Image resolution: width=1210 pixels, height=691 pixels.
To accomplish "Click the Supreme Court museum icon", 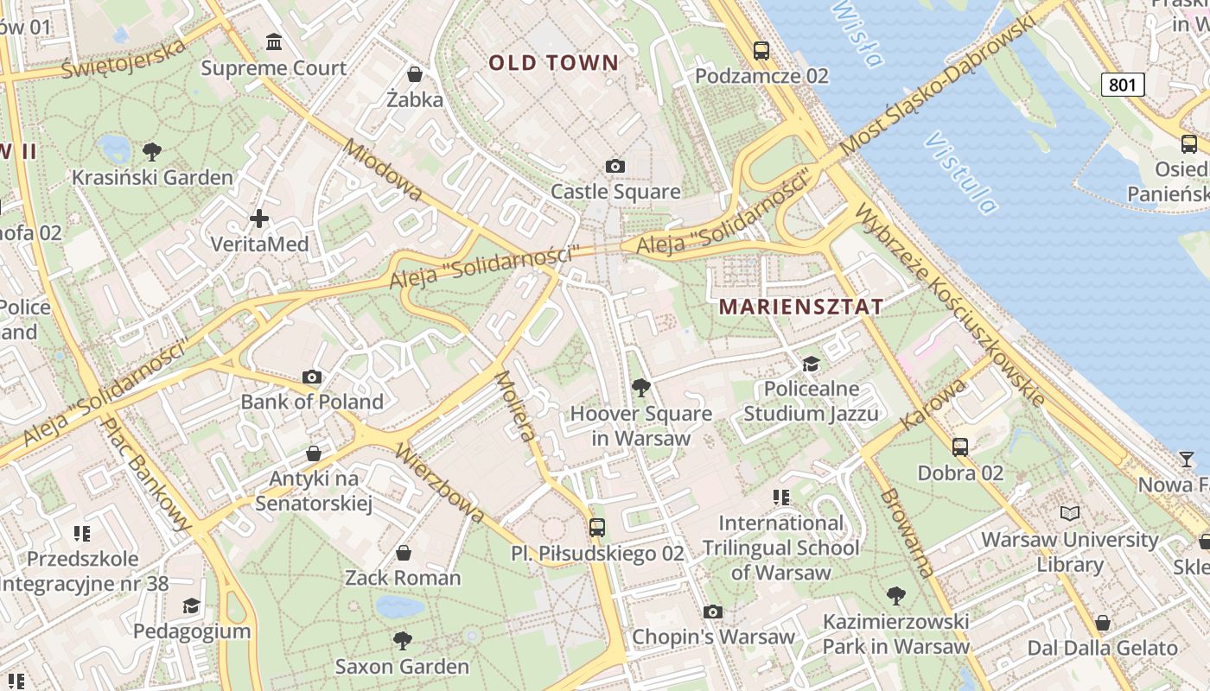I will click(x=274, y=41).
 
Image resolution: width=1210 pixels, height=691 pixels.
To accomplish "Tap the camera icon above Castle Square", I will click(x=615, y=166).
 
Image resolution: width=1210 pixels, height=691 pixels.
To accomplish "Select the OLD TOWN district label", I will click(x=554, y=62).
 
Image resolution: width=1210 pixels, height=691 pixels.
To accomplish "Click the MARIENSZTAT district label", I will click(x=801, y=307).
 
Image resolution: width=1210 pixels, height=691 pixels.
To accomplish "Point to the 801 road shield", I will click(x=1123, y=84).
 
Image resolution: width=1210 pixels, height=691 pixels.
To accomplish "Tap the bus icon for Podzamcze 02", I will click(x=761, y=50).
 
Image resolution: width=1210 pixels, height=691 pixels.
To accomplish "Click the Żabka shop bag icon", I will click(x=415, y=73).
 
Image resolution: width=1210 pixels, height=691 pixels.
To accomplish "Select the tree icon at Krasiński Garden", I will click(x=152, y=152).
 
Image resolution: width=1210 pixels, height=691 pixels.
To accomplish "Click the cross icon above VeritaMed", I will click(x=259, y=219).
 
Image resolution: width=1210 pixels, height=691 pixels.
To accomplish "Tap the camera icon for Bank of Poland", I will click(x=312, y=377).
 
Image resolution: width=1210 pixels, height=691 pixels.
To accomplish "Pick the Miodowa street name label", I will click(x=383, y=170).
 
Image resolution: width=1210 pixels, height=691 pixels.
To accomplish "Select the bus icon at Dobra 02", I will click(x=960, y=447).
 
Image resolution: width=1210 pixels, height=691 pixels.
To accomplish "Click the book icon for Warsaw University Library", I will click(x=1070, y=514).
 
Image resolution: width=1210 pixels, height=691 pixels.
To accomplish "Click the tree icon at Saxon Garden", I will click(x=402, y=640).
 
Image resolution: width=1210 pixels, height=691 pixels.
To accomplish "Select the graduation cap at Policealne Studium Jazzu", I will click(x=811, y=364).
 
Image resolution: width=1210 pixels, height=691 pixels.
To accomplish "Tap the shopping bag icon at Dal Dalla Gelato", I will click(x=1102, y=622).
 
